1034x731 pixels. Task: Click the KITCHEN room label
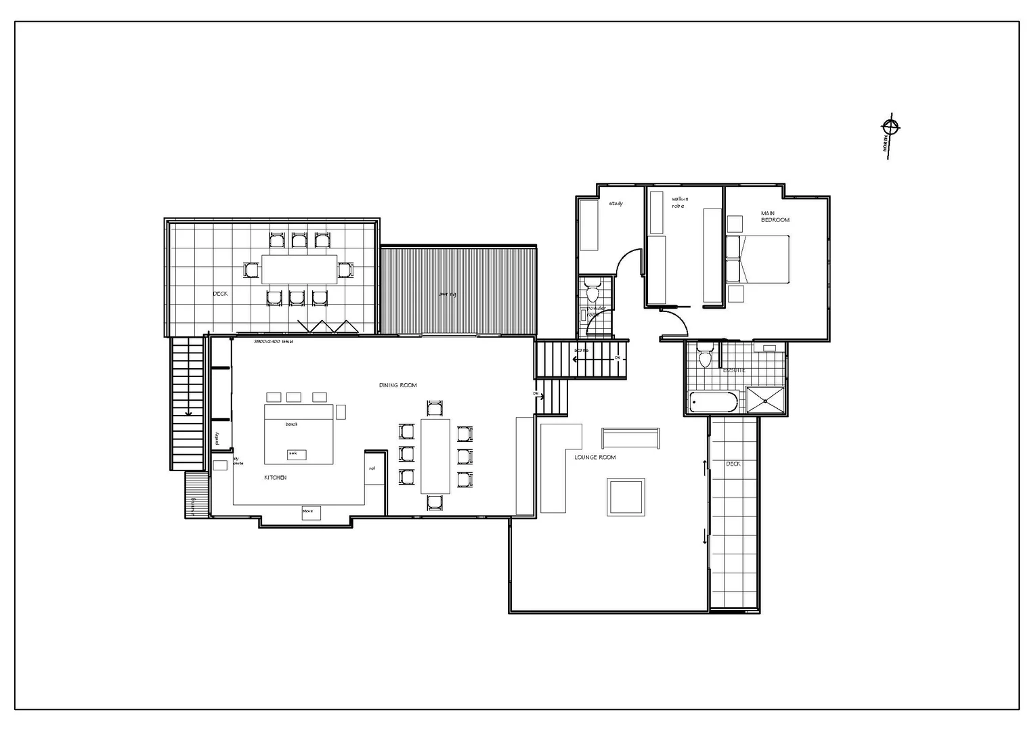click(275, 478)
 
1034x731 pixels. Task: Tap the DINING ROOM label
click(398, 385)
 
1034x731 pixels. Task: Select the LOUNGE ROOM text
click(595, 458)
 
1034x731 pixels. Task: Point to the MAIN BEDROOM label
click(775, 217)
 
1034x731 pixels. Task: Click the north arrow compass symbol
click(890, 127)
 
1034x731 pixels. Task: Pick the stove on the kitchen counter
click(311, 512)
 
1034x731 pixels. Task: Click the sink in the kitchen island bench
click(297, 454)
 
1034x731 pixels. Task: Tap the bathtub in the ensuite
click(713, 403)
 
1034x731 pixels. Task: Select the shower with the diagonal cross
click(766, 400)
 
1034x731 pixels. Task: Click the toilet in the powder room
click(593, 292)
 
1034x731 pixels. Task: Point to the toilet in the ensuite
click(705, 356)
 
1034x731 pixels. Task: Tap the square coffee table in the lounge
click(626, 497)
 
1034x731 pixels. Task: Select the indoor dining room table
click(435, 456)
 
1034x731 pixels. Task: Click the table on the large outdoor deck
click(299, 269)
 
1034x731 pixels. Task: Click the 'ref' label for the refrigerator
click(372, 468)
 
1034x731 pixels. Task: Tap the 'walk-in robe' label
click(679, 202)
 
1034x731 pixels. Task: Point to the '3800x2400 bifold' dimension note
click(273, 342)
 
